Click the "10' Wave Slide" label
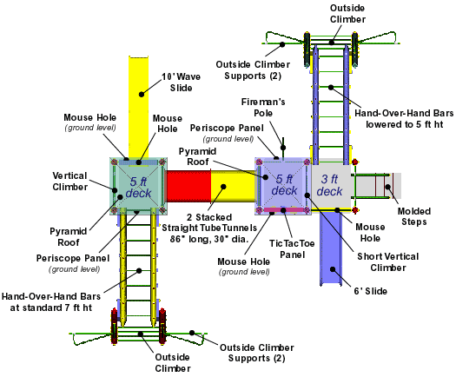[x=181, y=83]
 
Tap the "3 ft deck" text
[x=329, y=185]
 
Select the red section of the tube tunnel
[x=188, y=186]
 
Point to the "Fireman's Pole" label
[x=263, y=108]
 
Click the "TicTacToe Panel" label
[x=292, y=248]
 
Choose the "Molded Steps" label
[x=413, y=216]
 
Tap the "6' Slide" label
[x=370, y=291]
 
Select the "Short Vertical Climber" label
[x=388, y=262]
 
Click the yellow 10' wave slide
[x=139, y=108]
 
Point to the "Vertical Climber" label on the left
[x=69, y=182]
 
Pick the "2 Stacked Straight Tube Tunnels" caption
[x=209, y=228]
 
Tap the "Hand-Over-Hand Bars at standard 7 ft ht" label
[x=51, y=302]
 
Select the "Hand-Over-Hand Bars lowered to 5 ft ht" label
[x=404, y=119]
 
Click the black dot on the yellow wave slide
[x=142, y=94]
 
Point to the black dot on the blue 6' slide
[x=333, y=269]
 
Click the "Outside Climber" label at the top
[x=347, y=14]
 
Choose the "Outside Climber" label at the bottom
[x=173, y=363]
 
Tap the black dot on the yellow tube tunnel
[x=223, y=187]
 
